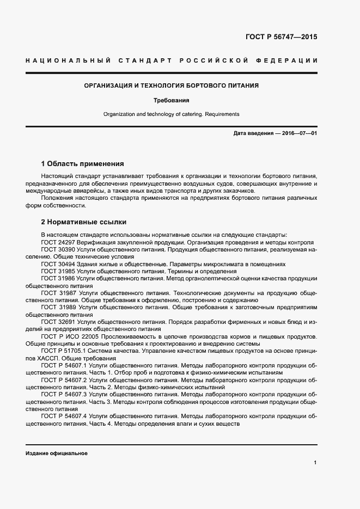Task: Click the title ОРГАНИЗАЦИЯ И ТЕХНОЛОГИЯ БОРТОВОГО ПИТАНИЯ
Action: coord(170,85)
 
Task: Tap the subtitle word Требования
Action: coord(170,101)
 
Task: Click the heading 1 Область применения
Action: coord(83,163)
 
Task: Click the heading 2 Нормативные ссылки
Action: coord(83,222)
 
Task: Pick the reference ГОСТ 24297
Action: coord(58,242)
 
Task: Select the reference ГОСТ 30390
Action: coord(58,249)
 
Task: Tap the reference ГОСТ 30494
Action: coord(58,263)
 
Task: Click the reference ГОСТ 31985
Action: coord(58,271)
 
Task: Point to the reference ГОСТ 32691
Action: coord(58,322)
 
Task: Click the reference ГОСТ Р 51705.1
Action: coord(64,351)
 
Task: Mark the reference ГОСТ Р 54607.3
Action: coord(64,394)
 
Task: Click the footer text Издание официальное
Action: coord(56,453)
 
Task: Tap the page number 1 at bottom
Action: coord(315,463)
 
